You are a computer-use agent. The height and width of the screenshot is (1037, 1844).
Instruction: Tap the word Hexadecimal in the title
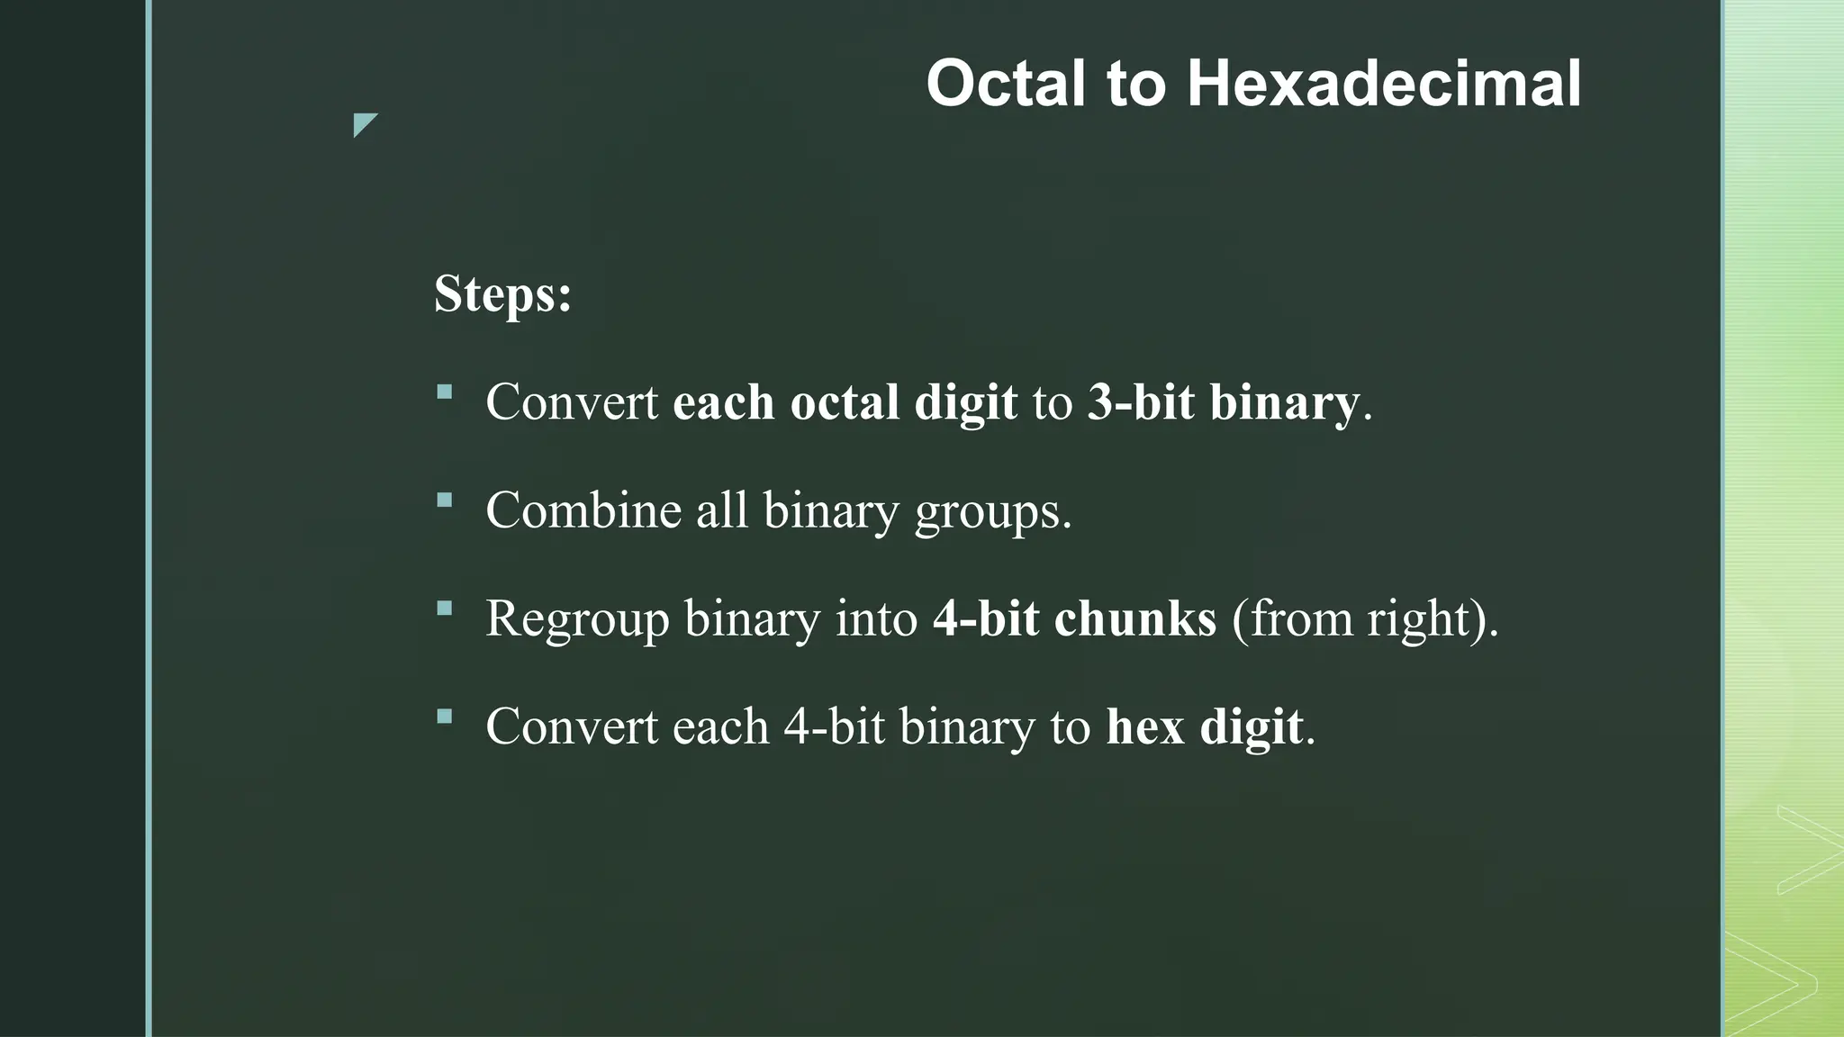[x=1383, y=84]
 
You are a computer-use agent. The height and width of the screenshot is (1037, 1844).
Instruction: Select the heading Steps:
[x=502, y=293]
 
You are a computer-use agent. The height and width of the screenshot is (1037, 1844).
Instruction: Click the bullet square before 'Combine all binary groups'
[x=444, y=500]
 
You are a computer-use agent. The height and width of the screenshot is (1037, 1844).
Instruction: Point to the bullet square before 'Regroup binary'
[x=444, y=609]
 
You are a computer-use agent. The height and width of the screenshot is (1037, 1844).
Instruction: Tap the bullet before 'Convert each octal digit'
[x=444, y=392]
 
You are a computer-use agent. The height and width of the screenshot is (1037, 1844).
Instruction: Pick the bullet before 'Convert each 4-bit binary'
[x=444, y=717]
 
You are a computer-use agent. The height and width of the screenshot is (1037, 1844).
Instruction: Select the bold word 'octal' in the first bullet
[x=844, y=401]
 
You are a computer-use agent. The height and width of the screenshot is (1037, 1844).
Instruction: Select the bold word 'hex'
[x=1144, y=726]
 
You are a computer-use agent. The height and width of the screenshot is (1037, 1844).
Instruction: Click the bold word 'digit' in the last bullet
[x=1251, y=726]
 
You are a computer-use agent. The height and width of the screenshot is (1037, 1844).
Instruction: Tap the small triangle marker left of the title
[x=364, y=123]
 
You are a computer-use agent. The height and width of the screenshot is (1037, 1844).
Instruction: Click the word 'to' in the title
[x=1136, y=84]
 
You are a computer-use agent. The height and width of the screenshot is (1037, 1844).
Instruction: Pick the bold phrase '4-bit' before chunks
[x=986, y=618]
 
